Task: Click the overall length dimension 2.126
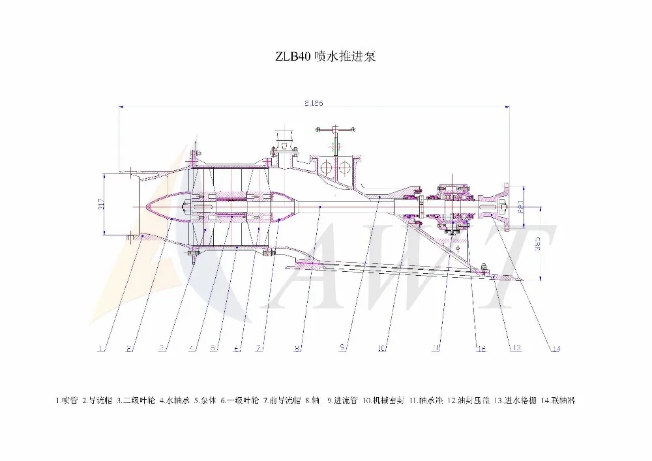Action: pyautogui.click(x=314, y=103)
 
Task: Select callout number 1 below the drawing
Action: pyautogui.click(x=101, y=349)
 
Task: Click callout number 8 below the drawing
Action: pyautogui.click(x=297, y=349)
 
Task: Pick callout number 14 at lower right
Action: pyautogui.click(x=555, y=349)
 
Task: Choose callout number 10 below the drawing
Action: pyautogui.click(x=382, y=348)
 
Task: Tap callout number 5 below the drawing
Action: pyautogui.click(x=213, y=348)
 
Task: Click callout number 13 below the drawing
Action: pyautogui.click(x=516, y=348)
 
